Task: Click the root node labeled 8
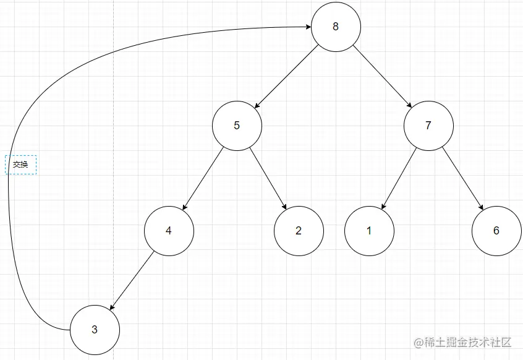[x=335, y=27]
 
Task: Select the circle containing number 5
[x=237, y=126]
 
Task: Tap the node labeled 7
[x=428, y=126]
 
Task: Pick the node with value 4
[x=169, y=231]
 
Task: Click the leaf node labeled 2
[x=299, y=231]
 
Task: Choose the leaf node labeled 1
[x=369, y=231]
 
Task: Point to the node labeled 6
[x=496, y=231]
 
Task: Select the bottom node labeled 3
[x=95, y=330]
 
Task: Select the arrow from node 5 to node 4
[x=203, y=178]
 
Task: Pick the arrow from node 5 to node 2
[x=268, y=178]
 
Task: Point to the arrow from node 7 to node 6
[x=462, y=178]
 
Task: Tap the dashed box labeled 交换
[x=21, y=165]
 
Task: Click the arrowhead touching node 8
[x=307, y=27]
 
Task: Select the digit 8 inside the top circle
[x=335, y=27]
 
